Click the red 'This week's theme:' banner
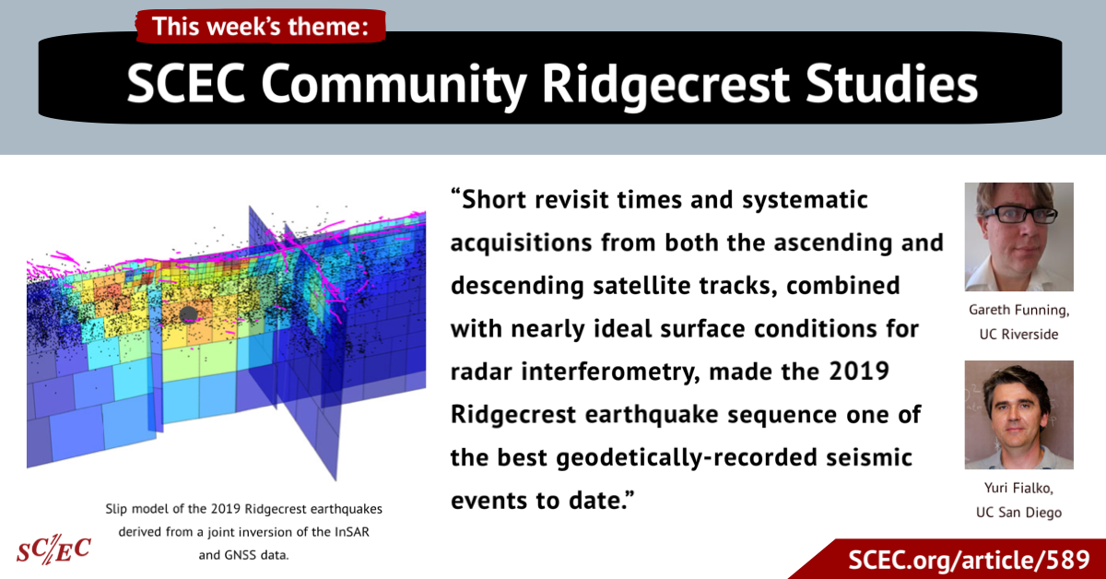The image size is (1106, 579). tap(261, 26)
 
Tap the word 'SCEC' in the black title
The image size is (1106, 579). tap(185, 83)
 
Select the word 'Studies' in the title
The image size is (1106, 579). tap(892, 83)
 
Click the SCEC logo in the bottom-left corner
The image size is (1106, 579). tap(53, 549)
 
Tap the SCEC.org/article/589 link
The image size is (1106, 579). tap(969, 560)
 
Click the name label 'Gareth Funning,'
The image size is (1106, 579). tap(1019, 310)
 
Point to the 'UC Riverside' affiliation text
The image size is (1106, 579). tap(1019, 335)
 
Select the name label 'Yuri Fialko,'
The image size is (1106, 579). tap(1019, 488)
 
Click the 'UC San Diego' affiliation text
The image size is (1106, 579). tap(1019, 513)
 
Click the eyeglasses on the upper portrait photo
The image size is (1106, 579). tap(1019, 214)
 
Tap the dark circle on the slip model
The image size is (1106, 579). tap(188, 314)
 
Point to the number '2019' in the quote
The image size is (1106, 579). tap(859, 371)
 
